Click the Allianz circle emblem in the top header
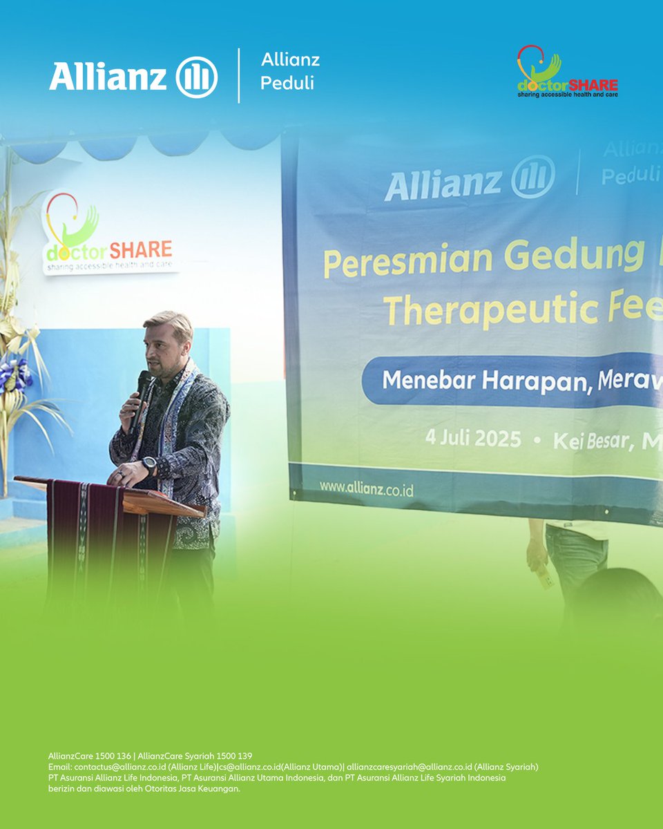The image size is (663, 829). tap(197, 77)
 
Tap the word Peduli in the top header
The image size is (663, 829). tap(287, 83)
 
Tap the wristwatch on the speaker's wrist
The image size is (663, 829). tap(149, 464)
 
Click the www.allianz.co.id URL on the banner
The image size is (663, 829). tap(366, 488)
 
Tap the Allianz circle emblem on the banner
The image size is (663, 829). tap(533, 180)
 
